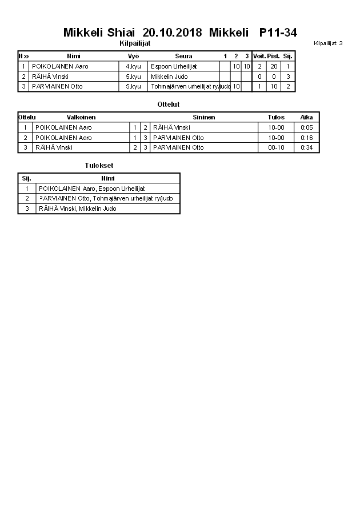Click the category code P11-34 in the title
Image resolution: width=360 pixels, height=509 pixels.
coord(278,33)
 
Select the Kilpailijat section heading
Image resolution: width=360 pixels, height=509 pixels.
coord(135,43)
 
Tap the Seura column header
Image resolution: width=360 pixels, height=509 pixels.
coord(183,56)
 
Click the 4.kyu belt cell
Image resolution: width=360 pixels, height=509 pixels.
coord(133,66)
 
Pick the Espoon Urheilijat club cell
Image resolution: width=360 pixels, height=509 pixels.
coord(174,66)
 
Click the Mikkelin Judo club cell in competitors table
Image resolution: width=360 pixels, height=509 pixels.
coord(169,77)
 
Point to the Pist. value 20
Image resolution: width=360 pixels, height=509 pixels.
coord(274,66)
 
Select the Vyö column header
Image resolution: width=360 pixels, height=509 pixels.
coord(134,56)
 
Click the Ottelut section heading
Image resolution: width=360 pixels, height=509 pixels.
coord(169,105)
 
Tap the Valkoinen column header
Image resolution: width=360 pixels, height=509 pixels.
coord(81,117)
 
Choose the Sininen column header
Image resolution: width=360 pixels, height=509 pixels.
coord(203,117)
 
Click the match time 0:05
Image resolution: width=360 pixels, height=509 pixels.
coord(306,127)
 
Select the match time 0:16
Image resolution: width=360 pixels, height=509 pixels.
coord(306,138)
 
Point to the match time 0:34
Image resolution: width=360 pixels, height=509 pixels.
coord(306,147)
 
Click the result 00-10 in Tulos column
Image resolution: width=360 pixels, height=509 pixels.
coord(276,147)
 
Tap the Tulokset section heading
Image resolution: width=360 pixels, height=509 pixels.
coord(99,166)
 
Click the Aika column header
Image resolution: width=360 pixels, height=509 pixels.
coord(306,117)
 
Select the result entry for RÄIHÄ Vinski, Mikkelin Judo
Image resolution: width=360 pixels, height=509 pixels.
coord(77,209)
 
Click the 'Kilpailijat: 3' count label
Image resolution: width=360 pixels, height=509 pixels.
coord(328,43)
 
